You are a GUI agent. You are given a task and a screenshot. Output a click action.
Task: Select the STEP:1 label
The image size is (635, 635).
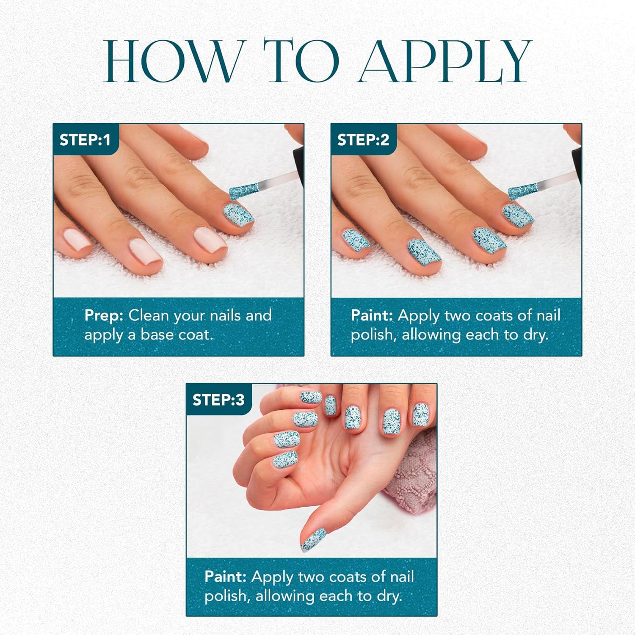click(x=85, y=140)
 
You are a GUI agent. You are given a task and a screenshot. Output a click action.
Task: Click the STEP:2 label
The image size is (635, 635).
click(x=363, y=140)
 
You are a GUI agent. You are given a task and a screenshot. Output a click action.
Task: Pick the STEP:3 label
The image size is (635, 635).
click(x=218, y=400)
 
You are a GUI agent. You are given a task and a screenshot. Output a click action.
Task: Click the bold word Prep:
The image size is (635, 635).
click(x=104, y=316)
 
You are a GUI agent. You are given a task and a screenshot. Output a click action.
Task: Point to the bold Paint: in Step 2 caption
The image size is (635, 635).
click(x=372, y=316)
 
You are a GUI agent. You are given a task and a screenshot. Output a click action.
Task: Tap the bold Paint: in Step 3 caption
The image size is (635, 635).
click(x=225, y=577)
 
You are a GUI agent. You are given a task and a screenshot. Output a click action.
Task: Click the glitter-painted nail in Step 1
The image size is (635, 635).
click(x=237, y=215)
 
